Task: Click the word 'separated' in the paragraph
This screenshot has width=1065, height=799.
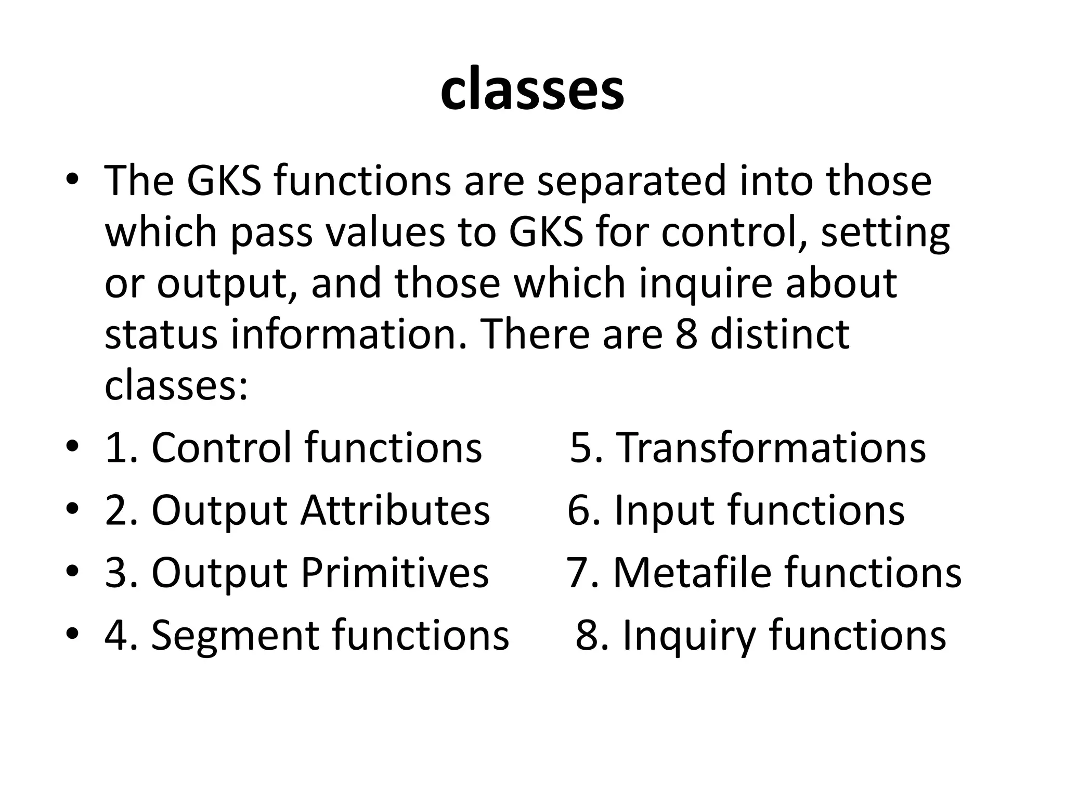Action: coord(630,182)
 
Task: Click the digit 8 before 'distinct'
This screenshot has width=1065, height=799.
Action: coord(686,334)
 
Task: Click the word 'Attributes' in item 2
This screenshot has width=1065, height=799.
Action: coord(395,510)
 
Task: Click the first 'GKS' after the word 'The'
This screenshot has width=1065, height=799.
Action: coord(224,182)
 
